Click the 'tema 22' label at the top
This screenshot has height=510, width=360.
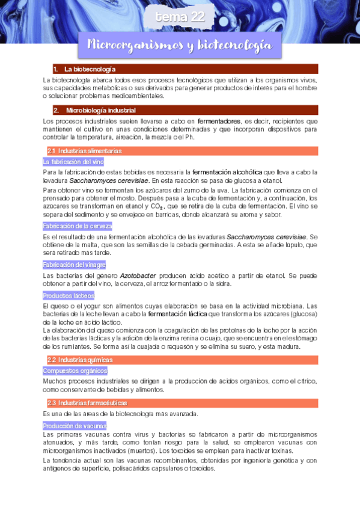click(x=180, y=18)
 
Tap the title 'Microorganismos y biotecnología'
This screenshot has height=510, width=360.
click(x=180, y=45)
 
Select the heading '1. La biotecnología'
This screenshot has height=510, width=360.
click(x=90, y=69)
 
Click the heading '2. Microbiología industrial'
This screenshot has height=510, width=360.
click(x=100, y=111)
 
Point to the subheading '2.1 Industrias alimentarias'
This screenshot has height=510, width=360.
click(x=85, y=151)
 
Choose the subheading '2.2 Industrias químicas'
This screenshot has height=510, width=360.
click(x=80, y=360)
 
